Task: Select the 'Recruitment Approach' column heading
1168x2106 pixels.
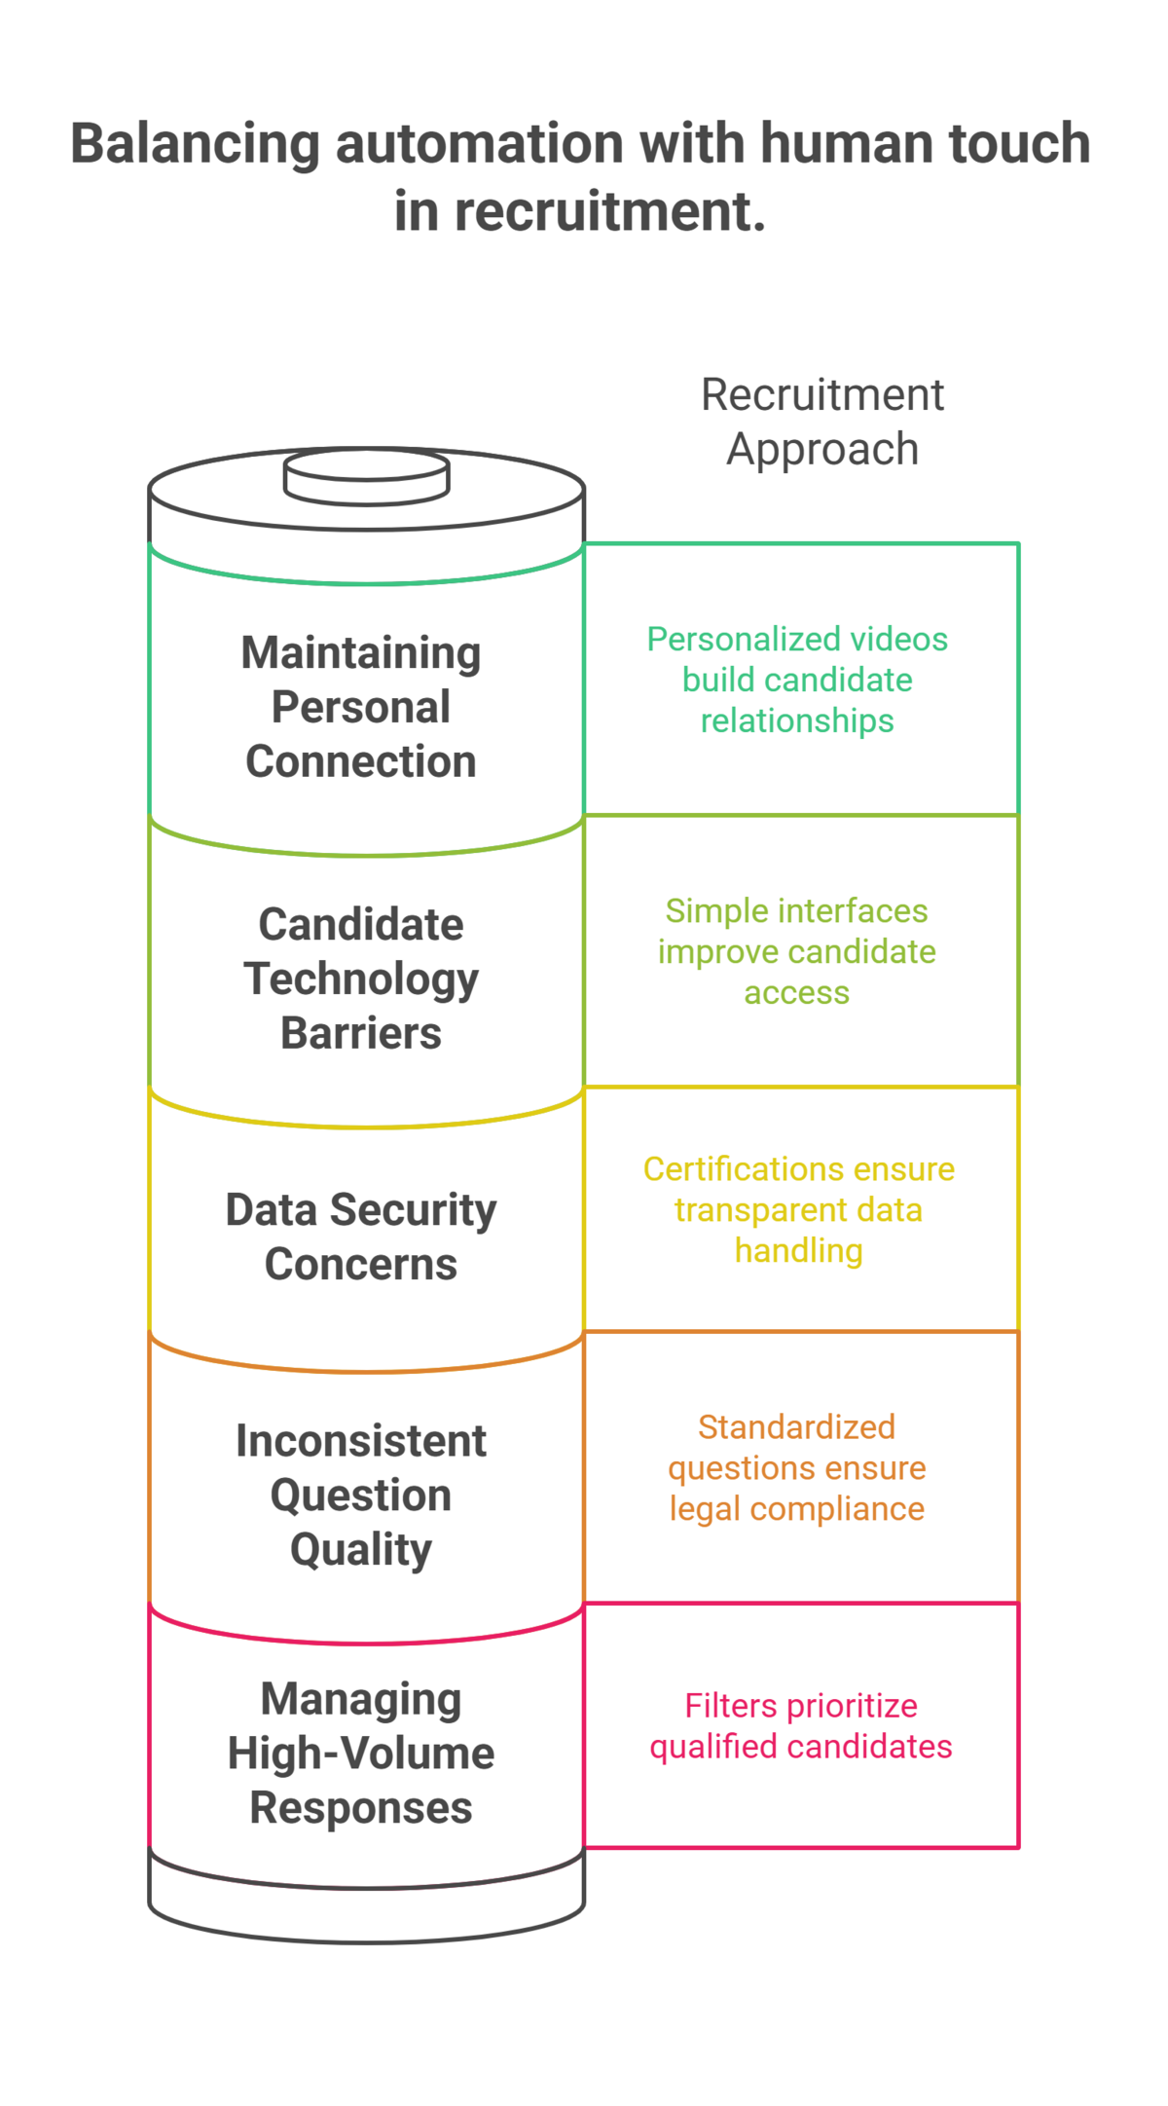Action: [x=822, y=422]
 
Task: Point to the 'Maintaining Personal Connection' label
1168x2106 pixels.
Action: [x=361, y=707]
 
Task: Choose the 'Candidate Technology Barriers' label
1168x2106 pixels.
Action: [x=361, y=979]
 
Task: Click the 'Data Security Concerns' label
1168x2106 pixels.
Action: [x=361, y=1237]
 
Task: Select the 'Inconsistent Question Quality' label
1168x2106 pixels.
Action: [x=361, y=1495]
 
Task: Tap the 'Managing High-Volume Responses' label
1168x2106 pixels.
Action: [x=361, y=1753]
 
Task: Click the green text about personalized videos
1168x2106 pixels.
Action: [x=797, y=680]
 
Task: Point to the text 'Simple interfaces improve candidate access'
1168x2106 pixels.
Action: [x=797, y=951]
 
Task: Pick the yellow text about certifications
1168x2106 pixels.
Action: [x=799, y=1209]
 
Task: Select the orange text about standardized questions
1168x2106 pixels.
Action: [x=797, y=1467]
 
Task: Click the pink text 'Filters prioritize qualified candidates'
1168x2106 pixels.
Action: [x=801, y=1725]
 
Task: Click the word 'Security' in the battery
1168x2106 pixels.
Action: [x=413, y=1210]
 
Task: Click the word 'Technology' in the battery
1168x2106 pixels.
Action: [x=361, y=979]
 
